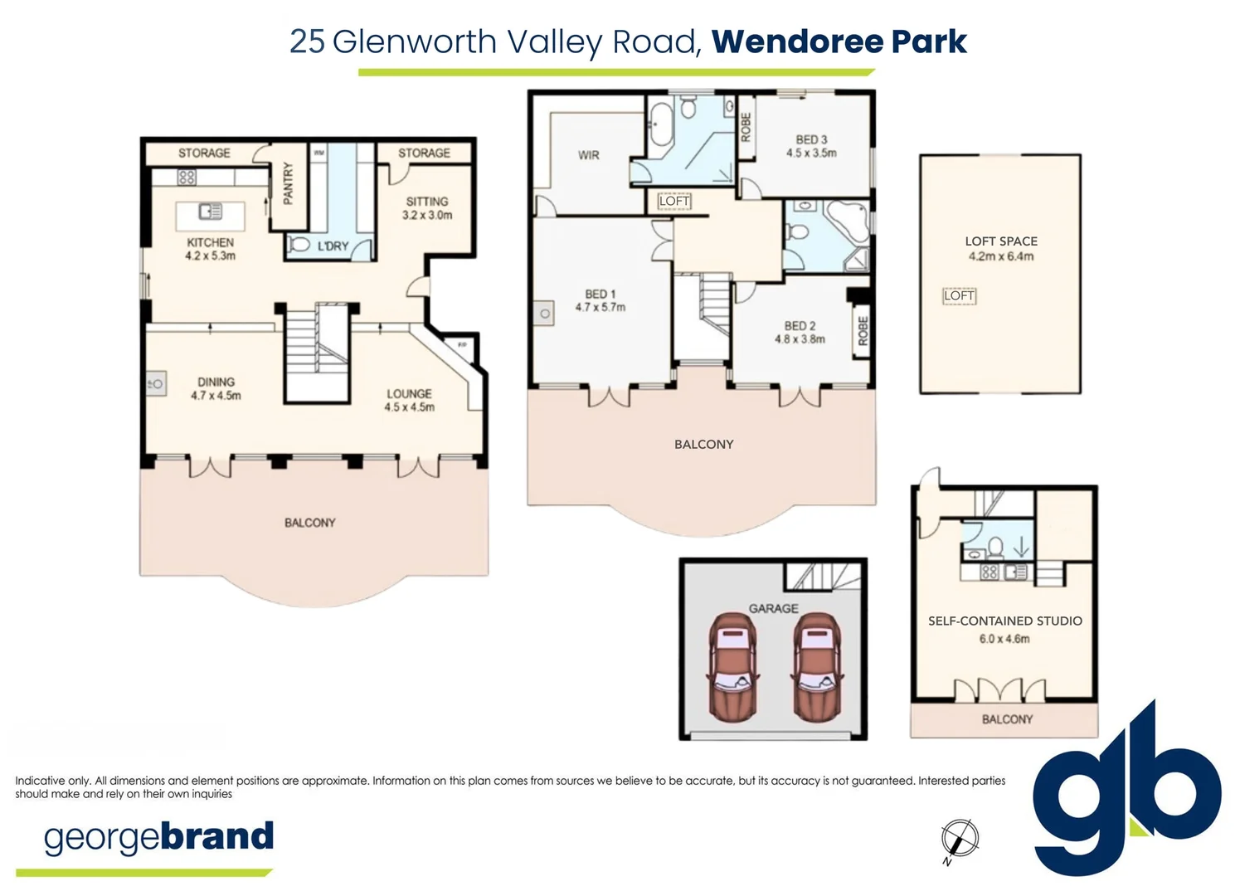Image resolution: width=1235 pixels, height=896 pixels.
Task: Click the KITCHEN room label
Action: [x=210, y=242]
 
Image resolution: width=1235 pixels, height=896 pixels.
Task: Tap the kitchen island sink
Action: [x=211, y=212]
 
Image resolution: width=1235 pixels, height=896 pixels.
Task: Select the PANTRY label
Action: [x=288, y=183]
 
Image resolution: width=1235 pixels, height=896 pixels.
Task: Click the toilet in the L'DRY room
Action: [x=298, y=246]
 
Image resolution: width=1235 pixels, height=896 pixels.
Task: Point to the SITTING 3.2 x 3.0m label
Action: [x=427, y=207]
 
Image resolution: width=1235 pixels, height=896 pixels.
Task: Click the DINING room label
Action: [x=216, y=382]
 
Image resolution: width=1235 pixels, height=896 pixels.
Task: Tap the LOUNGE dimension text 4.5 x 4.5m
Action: [x=409, y=407]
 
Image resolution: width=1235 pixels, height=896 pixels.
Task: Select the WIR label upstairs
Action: [x=588, y=155]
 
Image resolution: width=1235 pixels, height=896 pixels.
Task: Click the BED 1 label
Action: [x=600, y=294]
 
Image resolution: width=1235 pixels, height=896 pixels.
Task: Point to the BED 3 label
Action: [x=811, y=139]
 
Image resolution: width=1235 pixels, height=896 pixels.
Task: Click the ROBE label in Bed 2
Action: [x=863, y=331]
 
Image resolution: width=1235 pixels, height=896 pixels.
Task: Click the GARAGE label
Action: [x=773, y=608]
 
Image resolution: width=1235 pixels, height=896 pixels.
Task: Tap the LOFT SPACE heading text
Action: [x=1001, y=241]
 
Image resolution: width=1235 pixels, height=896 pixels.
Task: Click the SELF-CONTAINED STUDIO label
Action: [x=1004, y=621]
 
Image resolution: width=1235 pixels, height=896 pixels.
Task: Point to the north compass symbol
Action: [x=960, y=838]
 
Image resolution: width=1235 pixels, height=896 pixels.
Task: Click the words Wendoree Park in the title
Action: [x=839, y=41]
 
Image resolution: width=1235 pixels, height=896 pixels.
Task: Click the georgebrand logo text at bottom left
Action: [x=158, y=837]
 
